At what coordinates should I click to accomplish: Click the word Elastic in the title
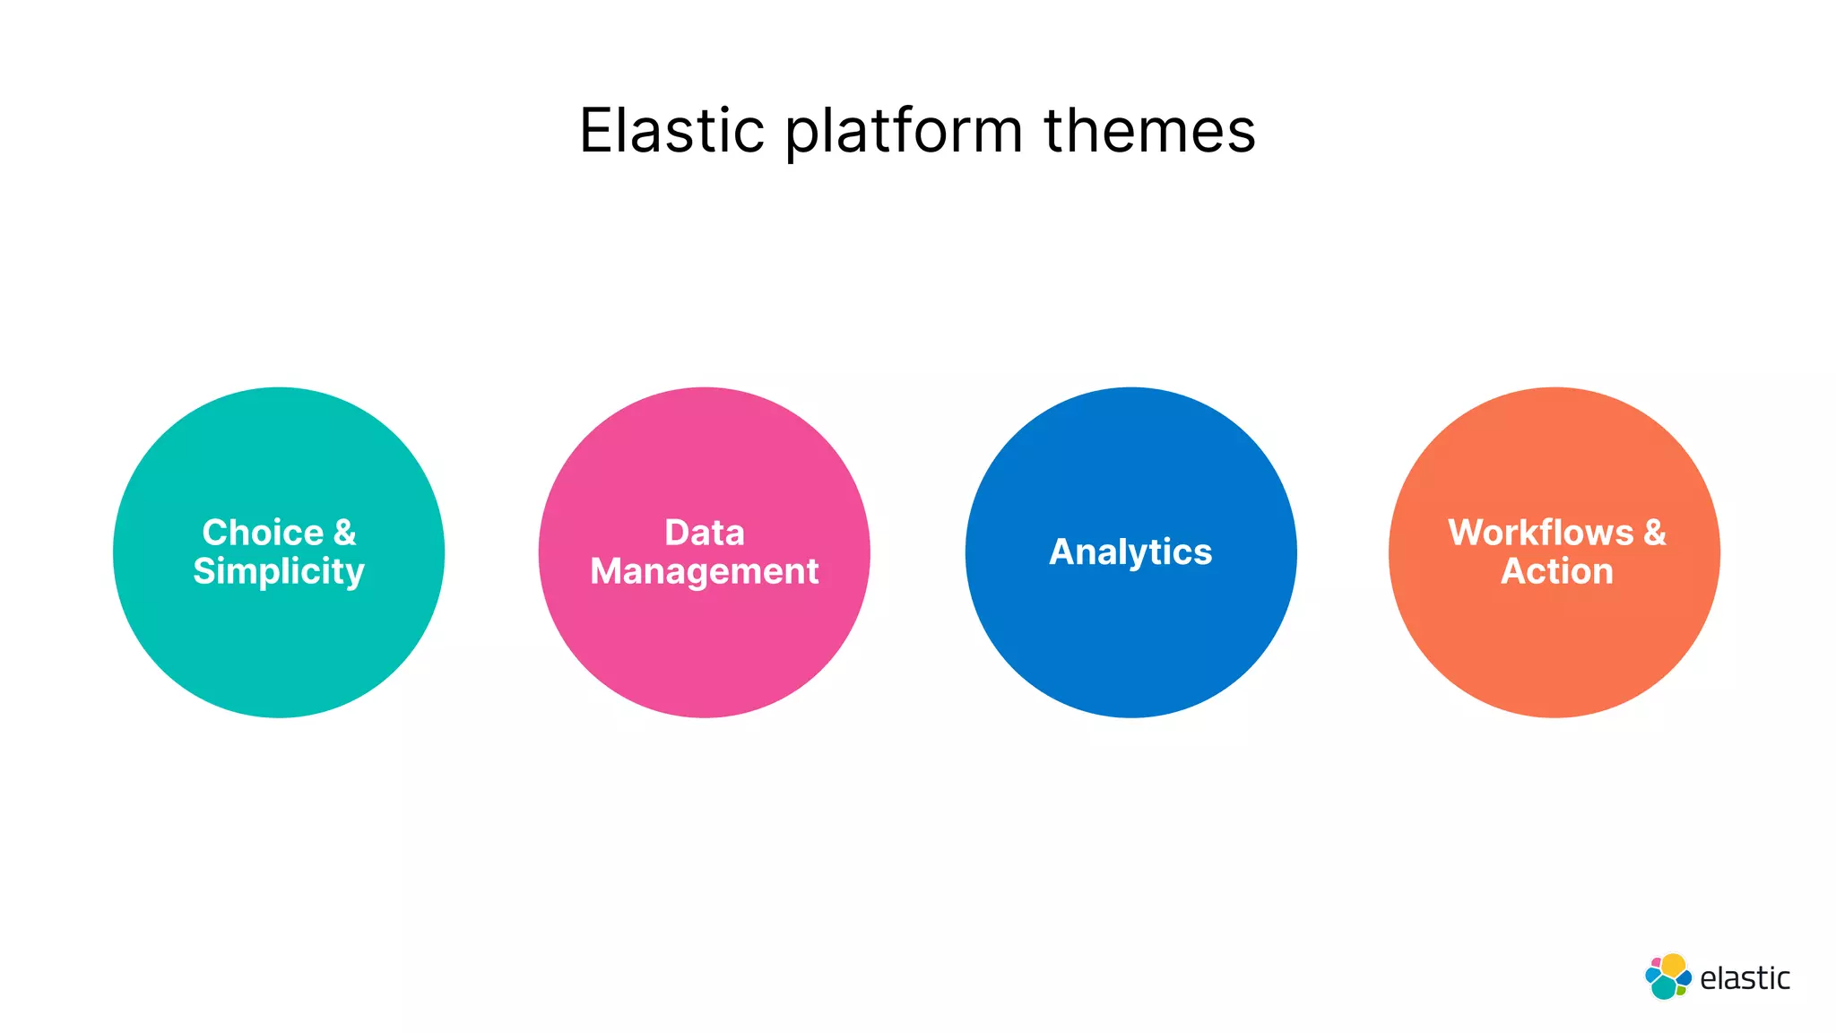click(x=671, y=131)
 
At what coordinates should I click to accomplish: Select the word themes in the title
click(x=1149, y=131)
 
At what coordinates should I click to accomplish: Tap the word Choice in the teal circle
click(x=263, y=533)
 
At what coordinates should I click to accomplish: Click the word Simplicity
click(x=279, y=572)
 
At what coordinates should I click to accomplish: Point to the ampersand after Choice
click(x=345, y=533)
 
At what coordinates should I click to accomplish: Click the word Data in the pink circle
click(x=705, y=533)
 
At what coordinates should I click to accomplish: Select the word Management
click(x=705, y=572)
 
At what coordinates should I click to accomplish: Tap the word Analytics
click(x=1130, y=552)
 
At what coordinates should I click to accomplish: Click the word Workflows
click(x=1540, y=533)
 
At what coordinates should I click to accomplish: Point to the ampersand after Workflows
click(x=1655, y=533)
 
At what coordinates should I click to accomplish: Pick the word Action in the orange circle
click(x=1557, y=572)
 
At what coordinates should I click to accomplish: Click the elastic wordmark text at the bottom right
click(x=1745, y=978)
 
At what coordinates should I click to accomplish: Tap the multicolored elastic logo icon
click(x=1667, y=977)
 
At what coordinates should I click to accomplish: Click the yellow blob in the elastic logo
click(x=1673, y=965)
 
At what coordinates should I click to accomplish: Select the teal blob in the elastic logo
click(x=1664, y=987)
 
